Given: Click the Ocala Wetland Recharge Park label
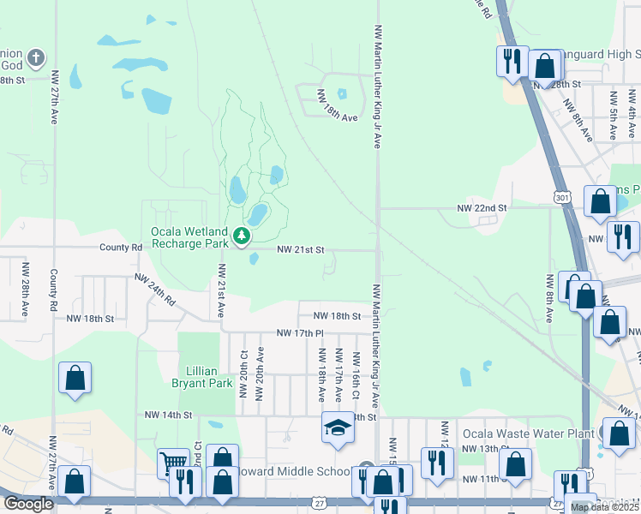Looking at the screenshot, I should tap(189, 237).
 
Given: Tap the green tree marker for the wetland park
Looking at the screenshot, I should tap(243, 236).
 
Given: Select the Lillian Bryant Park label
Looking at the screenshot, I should tap(202, 378).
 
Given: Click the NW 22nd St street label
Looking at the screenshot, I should tap(482, 208).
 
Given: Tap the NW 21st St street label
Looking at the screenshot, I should tap(300, 250).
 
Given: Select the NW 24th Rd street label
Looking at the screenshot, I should tap(154, 290).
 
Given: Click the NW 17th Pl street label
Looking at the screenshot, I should tap(300, 332).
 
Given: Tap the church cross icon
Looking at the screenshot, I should tap(35, 58).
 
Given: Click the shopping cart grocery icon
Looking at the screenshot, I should tap(173, 463).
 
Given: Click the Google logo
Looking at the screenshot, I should tap(28, 504).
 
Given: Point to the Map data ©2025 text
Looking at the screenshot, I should tap(604, 507).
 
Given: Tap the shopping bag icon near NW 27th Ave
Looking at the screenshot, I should tap(75, 378).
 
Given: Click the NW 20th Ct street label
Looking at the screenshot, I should tap(244, 367).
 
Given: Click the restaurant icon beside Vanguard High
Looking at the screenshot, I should tap(512, 61).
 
